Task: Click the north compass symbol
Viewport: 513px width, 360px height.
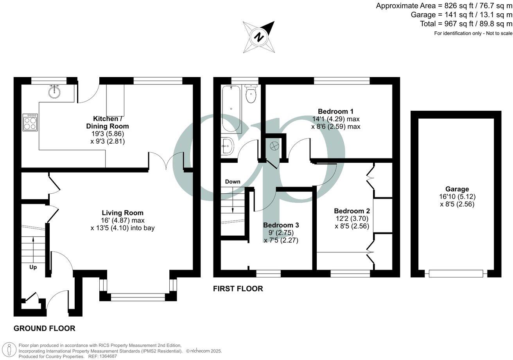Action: pyautogui.click(x=258, y=37)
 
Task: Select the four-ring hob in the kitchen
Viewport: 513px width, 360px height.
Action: pyautogui.click(x=30, y=122)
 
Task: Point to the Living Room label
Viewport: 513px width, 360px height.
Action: pyautogui.click(x=122, y=213)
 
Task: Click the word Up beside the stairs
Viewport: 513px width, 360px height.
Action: pyautogui.click(x=33, y=267)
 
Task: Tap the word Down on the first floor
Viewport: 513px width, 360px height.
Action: pyautogui.click(x=233, y=182)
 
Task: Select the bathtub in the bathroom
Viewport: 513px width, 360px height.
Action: pyautogui.click(x=231, y=110)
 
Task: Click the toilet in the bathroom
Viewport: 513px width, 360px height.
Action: pyautogui.click(x=251, y=94)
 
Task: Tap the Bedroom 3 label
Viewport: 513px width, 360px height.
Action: pyautogui.click(x=281, y=225)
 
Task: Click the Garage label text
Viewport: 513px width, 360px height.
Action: pyautogui.click(x=456, y=189)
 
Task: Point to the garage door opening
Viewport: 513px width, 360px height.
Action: pyautogui.click(x=456, y=274)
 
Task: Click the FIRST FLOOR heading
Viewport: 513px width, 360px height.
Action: pyautogui.click(x=238, y=289)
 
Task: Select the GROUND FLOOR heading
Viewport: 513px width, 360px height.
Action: pyautogui.click(x=44, y=328)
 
